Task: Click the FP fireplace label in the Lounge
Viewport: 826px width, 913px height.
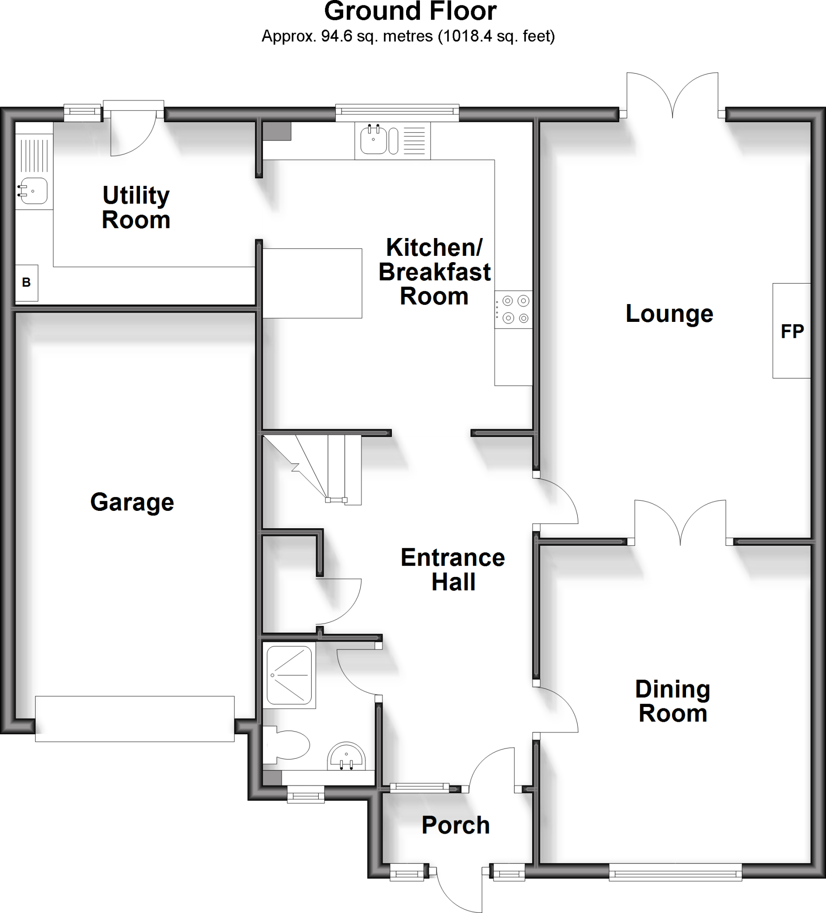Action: pyautogui.click(x=792, y=332)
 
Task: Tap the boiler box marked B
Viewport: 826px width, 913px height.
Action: pyautogui.click(x=26, y=283)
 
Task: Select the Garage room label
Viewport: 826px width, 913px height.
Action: pyautogui.click(x=132, y=502)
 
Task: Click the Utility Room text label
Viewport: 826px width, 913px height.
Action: pyautogui.click(x=136, y=207)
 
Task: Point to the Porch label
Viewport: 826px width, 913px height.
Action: pyautogui.click(x=456, y=825)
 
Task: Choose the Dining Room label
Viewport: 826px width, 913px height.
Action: pyautogui.click(x=673, y=701)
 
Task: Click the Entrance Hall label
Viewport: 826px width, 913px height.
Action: pyautogui.click(x=453, y=570)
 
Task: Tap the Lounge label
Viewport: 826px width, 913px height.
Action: pyautogui.click(x=669, y=313)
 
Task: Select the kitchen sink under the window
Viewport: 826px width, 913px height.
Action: pyautogui.click(x=374, y=140)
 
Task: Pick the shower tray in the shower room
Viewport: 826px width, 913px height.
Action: pyautogui.click(x=289, y=675)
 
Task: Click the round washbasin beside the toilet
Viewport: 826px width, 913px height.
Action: pyautogui.click(x=346, y=757)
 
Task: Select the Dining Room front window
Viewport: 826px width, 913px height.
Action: pyautogui.click(x=675, y=872)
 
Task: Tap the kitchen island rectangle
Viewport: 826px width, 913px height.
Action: pyautogui.click(x=312, y=283)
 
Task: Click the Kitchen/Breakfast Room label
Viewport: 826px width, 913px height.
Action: pyautogui.click(x=434, y=272)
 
